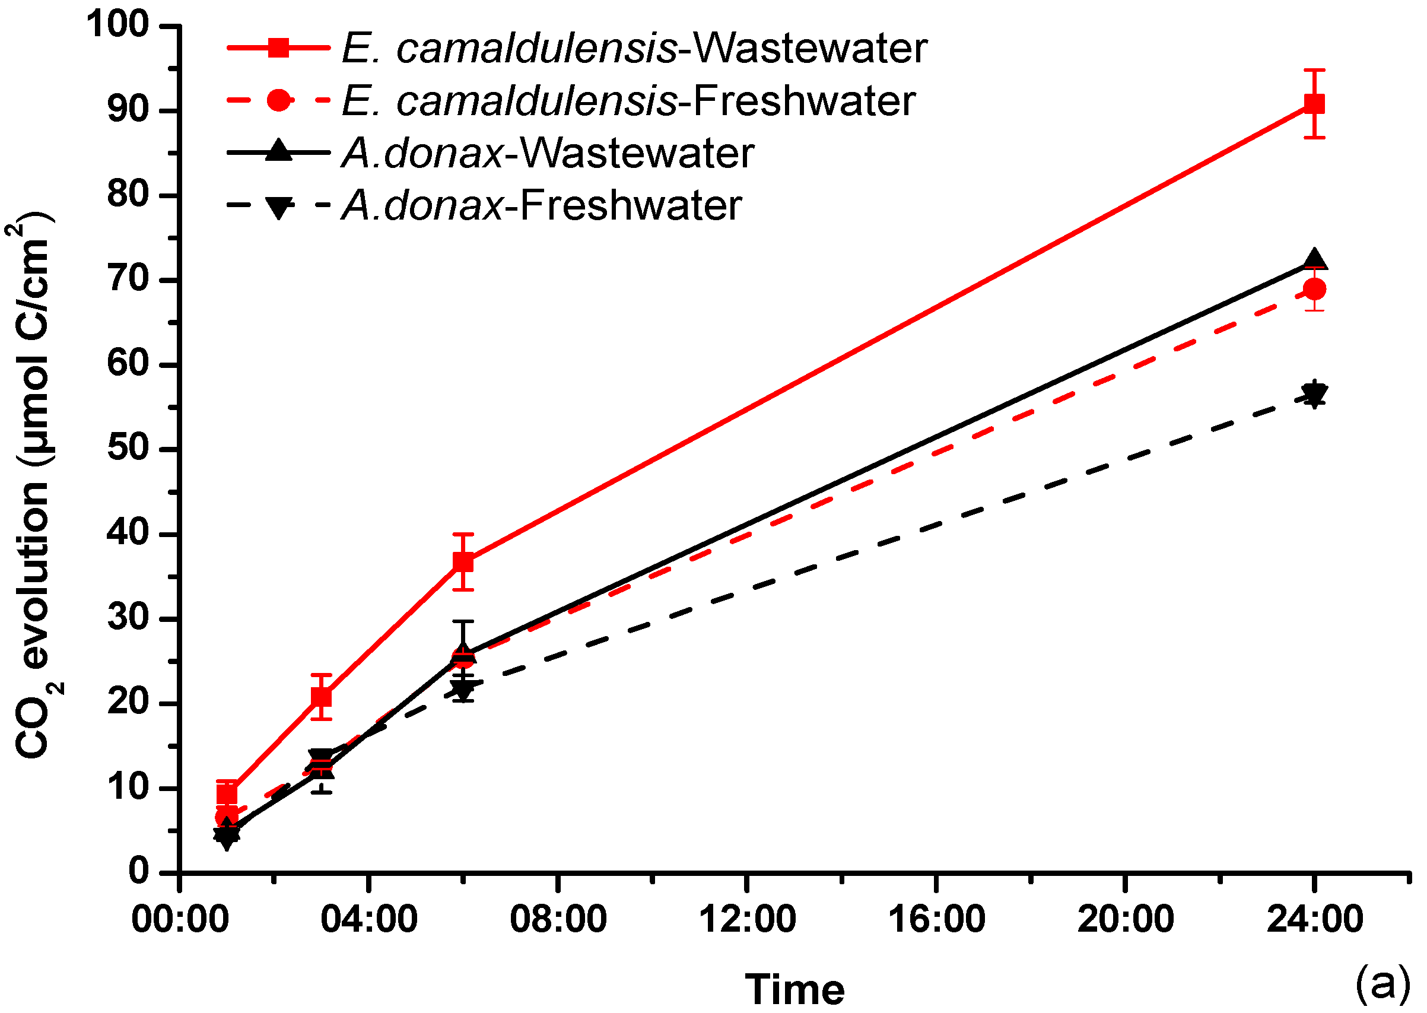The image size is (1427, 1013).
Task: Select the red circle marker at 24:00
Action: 1314,289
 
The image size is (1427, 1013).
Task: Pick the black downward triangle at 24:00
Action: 1314,394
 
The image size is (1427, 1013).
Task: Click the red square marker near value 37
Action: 463,562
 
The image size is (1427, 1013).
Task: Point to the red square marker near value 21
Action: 321,697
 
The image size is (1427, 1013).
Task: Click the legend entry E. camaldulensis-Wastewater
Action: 634,49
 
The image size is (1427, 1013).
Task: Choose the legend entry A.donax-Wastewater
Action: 548,154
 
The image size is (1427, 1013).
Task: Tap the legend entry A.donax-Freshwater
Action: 541,206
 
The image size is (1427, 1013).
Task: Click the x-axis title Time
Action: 794,989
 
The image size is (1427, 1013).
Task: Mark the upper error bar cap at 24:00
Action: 1314,70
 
